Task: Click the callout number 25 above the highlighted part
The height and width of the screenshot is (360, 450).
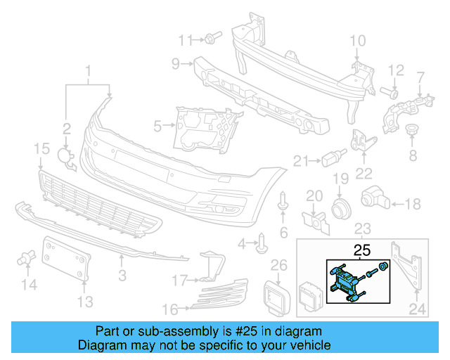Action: (361, 250)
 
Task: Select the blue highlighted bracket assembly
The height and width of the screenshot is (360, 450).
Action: (345, 283)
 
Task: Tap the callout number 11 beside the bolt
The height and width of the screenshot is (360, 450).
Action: (185, 39)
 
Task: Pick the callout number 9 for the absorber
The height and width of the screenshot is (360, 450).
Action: (175, 65)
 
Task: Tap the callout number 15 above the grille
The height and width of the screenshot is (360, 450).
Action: (41, 148)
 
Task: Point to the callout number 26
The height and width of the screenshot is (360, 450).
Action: (279, 264)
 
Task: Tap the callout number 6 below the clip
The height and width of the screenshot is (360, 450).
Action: (283, 232)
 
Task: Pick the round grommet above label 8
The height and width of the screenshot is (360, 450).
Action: (412, 131)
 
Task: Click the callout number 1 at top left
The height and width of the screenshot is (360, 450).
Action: (89, 71)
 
